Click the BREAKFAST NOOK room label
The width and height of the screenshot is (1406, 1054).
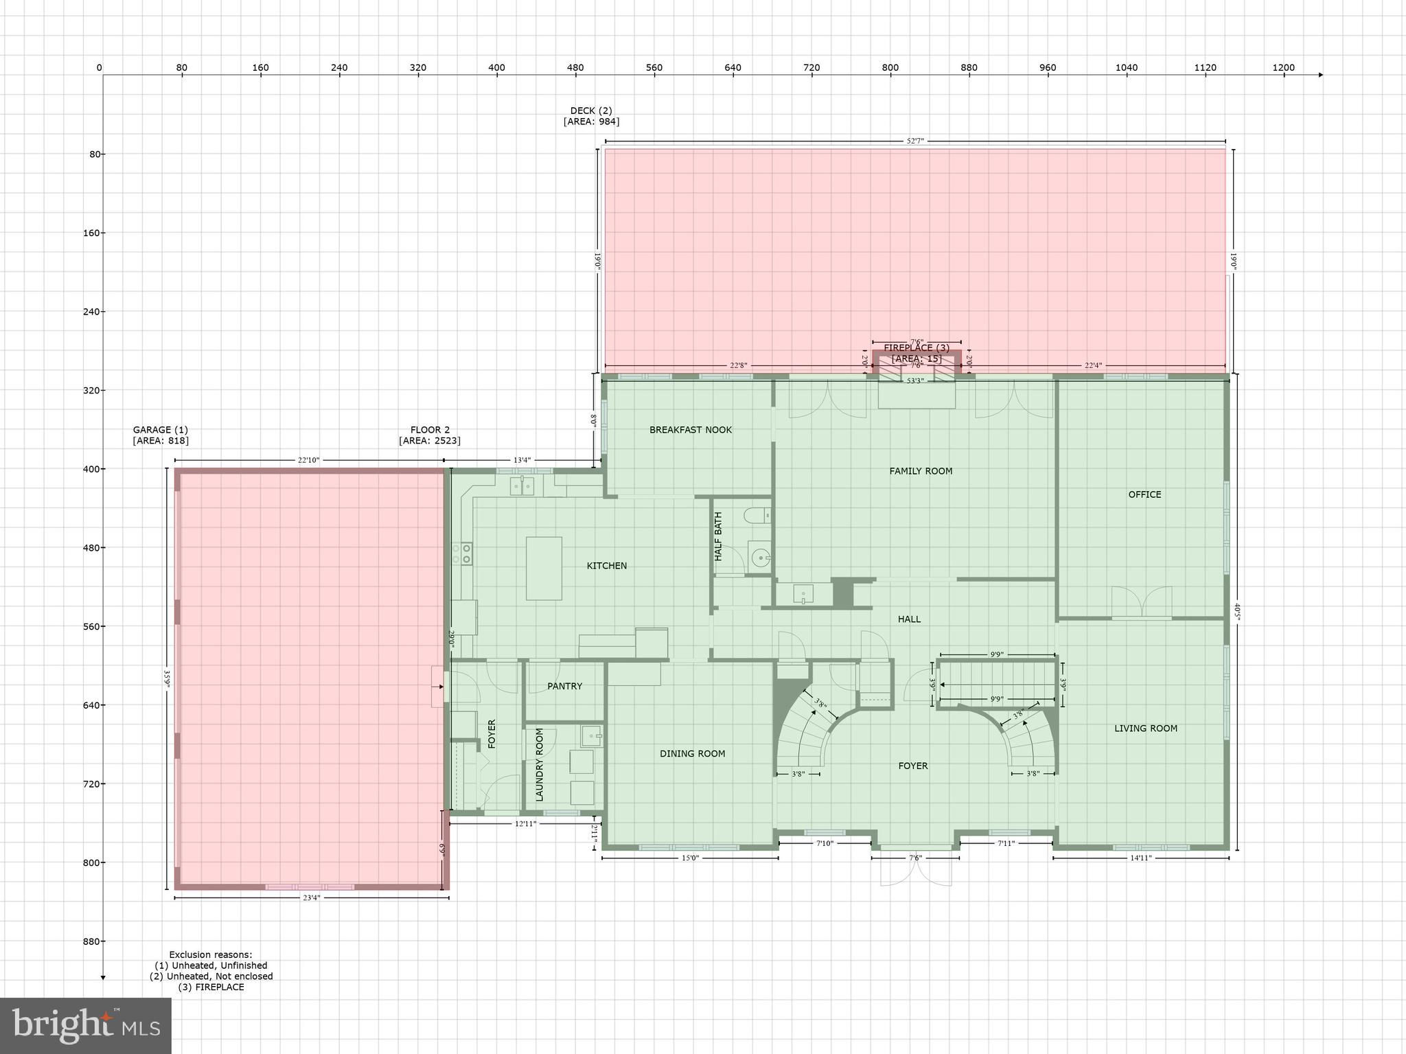[691, 430]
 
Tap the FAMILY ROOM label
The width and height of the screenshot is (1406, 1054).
[921, 471]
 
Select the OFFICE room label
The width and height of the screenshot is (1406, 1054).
[1144, 494]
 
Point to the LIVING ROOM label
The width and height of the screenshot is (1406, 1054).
[1145, 729]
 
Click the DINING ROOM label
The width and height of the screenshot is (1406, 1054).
[692, 753]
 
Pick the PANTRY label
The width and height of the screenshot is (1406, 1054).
[564, 686]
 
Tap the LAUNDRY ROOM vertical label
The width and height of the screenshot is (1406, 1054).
[540, 764]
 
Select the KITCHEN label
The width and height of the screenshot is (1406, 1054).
[606, 566]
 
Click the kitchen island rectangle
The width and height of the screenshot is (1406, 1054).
[544, 569]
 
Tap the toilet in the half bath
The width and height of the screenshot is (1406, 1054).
[758, 515]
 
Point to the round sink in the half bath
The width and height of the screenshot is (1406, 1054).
[760, 558]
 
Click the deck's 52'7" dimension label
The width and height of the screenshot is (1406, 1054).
[915, 141]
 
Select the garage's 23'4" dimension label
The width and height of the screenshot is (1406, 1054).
[311, 897]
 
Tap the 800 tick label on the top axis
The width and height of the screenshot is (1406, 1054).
[890, 67]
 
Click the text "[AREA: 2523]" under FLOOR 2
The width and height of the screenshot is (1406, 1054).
[430, 441]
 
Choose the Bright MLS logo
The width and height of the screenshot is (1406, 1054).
[86, 1025]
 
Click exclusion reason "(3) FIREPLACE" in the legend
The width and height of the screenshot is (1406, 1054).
[211, 987]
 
